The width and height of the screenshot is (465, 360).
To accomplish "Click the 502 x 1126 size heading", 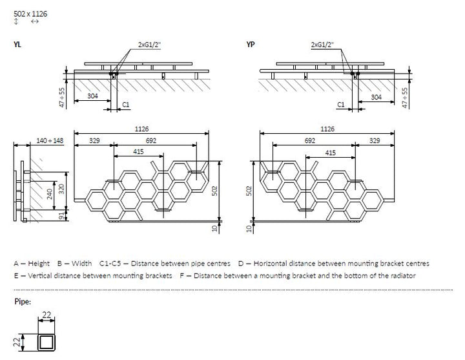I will pyautogui.click(x=30, y=12).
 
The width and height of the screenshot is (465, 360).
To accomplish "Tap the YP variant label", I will pyautogui.click(x=251, y=44).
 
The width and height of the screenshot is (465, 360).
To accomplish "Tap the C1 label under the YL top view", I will pyautogui.click(x=126, y=104).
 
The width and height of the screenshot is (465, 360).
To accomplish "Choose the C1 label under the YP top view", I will pyautogui.click(x=341, y=104).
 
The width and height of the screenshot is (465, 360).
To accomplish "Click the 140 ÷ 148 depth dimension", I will pyautogui.click(x=49, y=141).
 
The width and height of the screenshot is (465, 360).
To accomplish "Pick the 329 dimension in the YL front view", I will pyautogui.click(x=94, y=140).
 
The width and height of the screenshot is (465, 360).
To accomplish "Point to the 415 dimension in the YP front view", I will pyautogui.click(x=331, y=152).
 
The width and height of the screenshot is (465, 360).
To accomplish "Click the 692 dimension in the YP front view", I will pyautogui.click(x=310, y=140).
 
